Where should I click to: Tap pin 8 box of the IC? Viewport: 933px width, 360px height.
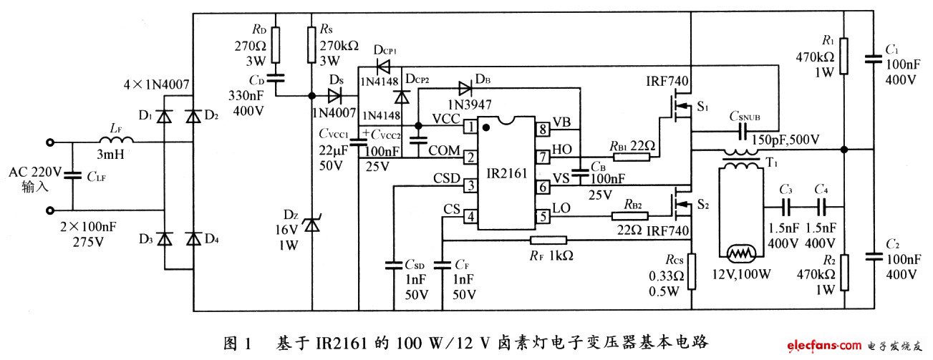click(x=543, y=129)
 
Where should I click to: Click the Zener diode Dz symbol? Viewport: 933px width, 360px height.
click(x=310, y=224)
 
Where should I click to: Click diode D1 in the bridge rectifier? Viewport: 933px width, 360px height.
click(x=165, y=115)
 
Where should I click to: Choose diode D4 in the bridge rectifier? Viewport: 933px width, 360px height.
click(x=193, y=238)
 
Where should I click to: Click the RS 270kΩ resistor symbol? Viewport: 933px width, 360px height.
click(x=311, y=44)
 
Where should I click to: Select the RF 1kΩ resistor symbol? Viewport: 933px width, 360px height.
click(x=548, y=240)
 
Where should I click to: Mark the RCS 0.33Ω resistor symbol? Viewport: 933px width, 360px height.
click(x=691, y=271)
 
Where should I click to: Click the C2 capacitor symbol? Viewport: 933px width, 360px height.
click(x=874, y=255)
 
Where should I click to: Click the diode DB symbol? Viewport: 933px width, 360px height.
click(x=465, y=89)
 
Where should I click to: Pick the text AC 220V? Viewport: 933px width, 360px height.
click(x=35, y=172)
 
